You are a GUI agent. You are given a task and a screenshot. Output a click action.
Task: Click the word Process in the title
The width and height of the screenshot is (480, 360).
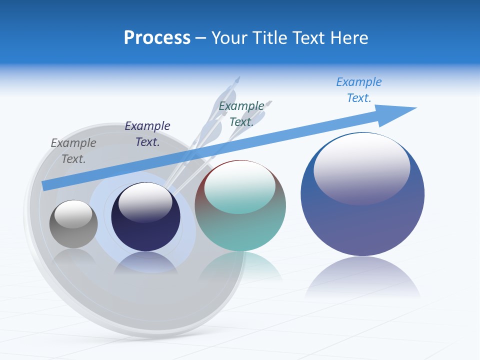pyautogui.click(x=157, y=38)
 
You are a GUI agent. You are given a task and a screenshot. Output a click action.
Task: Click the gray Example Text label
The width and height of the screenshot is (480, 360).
pyautogui.click(x=73, y=150)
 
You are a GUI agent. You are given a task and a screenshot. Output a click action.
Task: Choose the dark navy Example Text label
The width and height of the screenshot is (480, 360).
pyautogui.click(x=147, y=133)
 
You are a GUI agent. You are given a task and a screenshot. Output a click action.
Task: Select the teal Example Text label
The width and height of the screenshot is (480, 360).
pyautogui.click(x=241, y=113)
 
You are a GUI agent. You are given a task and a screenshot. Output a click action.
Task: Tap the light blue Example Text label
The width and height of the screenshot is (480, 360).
pyautogui.click(x=359, y=89)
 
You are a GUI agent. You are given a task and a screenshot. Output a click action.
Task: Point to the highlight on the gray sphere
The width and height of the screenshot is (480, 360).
pyautogui.click(x=73, y=214)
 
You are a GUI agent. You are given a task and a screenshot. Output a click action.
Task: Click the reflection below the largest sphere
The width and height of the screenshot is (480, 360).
pyautogui.click(x=362, y=277)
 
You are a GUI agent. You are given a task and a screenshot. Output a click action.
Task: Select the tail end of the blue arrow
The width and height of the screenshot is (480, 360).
pyautogui.click(x=46, y=185)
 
